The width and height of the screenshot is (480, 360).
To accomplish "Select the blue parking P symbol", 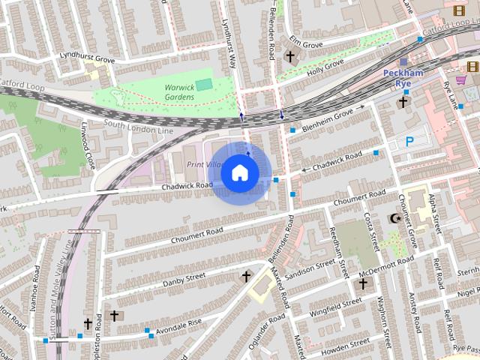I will pos(409,142).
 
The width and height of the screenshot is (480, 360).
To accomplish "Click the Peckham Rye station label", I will pos(403,77).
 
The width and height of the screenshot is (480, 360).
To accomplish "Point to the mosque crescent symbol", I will pos(394,218).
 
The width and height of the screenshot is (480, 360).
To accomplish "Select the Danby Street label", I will pos(184,277).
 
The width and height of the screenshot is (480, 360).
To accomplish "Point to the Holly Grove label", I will pos(324,67).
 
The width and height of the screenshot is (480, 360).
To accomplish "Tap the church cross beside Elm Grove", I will pos(289,56).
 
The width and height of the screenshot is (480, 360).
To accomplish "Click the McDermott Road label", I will pos(385,264).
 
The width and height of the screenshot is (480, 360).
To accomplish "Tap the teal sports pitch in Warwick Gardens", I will pos(203,84).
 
